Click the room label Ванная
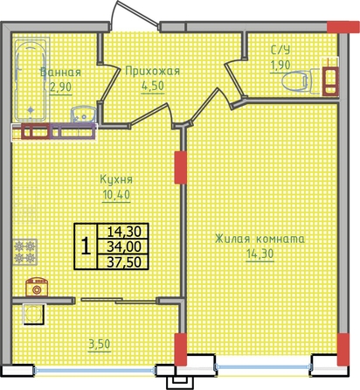tap(60, 72)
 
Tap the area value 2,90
tap(60, 87)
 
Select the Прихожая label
tap(152, 71)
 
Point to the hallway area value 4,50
tap(153, 86)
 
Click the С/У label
tap(280, 50)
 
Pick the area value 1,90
tap(280, 65)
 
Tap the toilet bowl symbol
tap(296, 80)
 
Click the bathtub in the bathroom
tap(31, 80)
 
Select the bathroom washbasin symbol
tap(84, 115)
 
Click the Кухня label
tap(116, 179)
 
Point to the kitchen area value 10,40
tap(116, 194)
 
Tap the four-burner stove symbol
tap(24, 252)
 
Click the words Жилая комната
tap(260, 239)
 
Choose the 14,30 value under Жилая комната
tap(260, 254)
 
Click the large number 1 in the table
tap(86, 246)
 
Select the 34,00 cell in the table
tap(124, 247)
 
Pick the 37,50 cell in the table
tap(124, 262)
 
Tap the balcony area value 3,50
tap(100, 345)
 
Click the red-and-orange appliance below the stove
tap(37, 287)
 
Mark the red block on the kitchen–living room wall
tap(180, 168)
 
